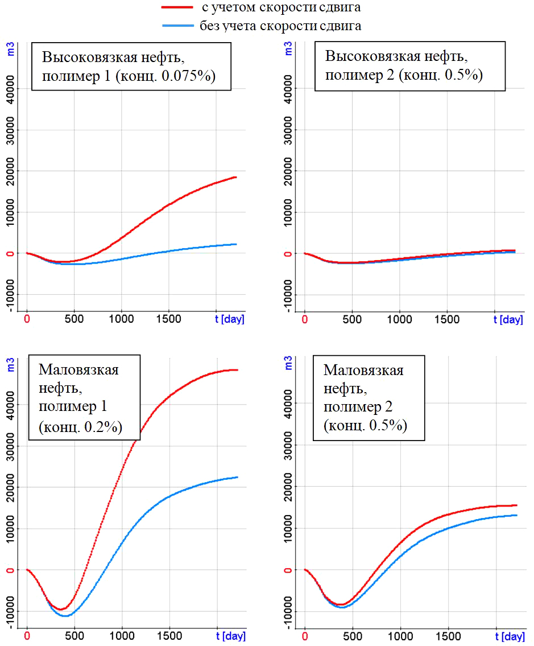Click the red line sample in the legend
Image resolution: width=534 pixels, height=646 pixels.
coord(178,8)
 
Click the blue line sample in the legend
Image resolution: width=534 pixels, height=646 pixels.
coord(178,26)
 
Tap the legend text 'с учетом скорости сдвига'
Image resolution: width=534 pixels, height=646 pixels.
coord(280,8)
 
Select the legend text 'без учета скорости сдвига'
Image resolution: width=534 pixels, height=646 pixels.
coord(280,26)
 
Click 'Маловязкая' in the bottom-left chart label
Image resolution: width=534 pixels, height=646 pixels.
coord(78,369)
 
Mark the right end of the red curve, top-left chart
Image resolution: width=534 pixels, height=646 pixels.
coord(235,178)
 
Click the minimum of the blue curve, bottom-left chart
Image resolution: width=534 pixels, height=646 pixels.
coord(65,616)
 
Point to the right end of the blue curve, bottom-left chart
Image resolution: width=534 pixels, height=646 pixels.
coord(237,477)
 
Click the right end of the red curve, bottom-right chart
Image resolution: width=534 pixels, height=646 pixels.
coord(516,505)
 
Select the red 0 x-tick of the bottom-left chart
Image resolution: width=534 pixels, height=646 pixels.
coord(27,636)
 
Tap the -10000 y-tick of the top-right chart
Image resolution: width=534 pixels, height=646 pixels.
coord(289,295)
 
